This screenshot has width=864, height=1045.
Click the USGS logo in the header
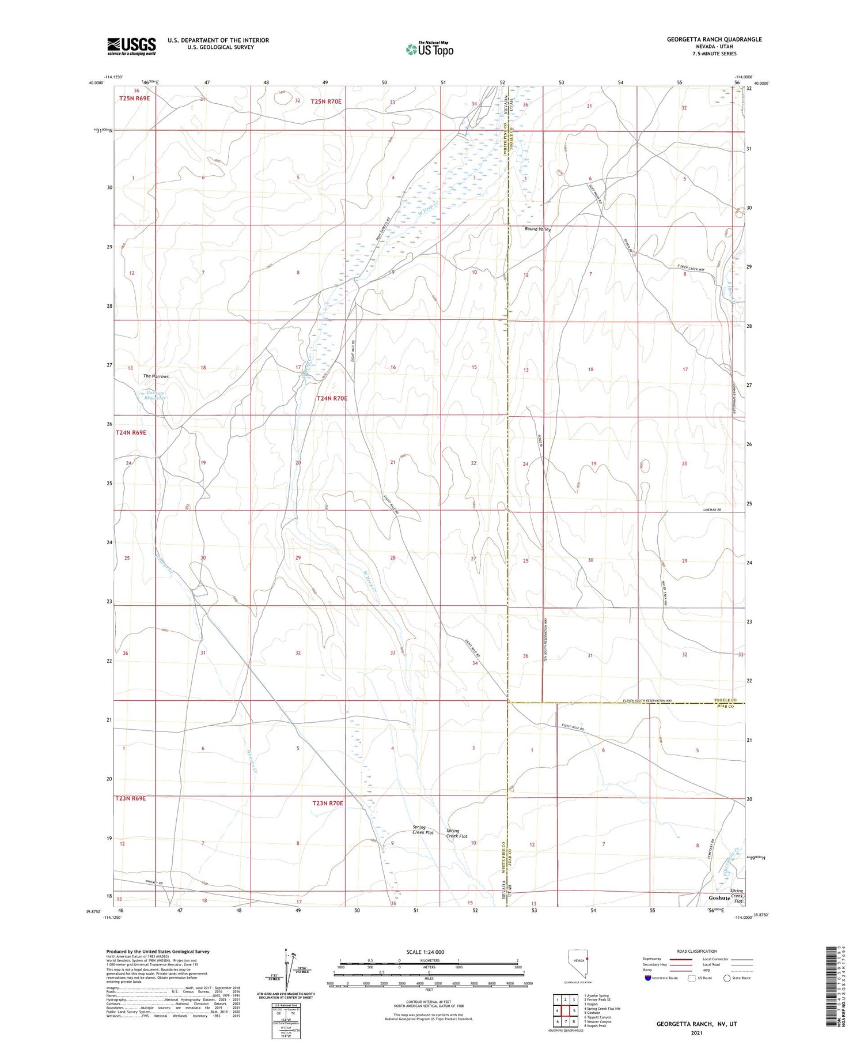(131, 46)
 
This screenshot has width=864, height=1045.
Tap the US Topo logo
(429, 50)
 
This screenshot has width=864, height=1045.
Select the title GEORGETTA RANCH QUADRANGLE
(714, 39)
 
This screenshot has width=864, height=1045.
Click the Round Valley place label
(537, 229)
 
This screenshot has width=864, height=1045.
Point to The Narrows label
(156, 376)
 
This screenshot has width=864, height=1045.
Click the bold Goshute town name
(719, 898)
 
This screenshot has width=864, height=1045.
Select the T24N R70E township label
(332, 398)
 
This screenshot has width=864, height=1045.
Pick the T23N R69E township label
(131, 798)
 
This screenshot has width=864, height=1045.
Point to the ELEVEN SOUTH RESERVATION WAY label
(647, 701)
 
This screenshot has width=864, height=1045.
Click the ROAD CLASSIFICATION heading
(697, 951)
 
